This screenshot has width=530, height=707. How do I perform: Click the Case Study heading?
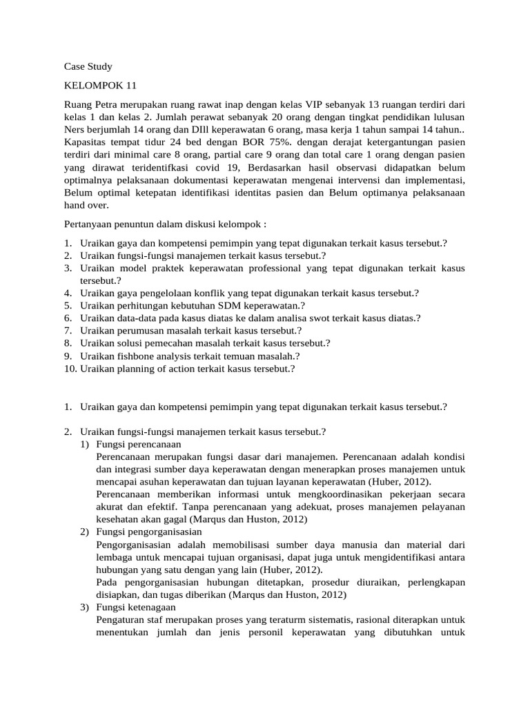pyautogui.click(x=88, y=67)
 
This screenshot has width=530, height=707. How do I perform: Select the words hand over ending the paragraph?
pyautogui.click(x=86, y=206)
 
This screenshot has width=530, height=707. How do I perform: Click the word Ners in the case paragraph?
pyautogui.click(x=75, y=131)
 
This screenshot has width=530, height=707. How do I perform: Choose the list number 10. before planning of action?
pyautogui.click(x=70, y=369)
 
